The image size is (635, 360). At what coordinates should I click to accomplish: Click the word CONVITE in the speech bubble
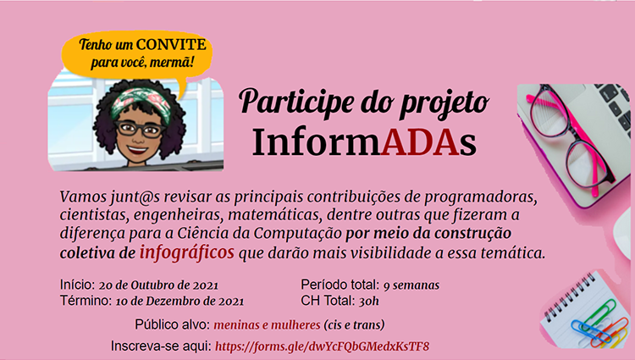171,44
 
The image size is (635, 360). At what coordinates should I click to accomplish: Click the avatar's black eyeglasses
140,130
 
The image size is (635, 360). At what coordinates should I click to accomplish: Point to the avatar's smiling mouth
138,150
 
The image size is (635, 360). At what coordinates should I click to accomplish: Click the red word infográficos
187,252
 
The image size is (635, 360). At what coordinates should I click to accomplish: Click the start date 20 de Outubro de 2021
158,285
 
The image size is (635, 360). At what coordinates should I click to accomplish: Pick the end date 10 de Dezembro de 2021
179,302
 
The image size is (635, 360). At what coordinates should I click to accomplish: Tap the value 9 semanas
411,285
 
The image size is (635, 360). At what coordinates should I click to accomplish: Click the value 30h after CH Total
368,302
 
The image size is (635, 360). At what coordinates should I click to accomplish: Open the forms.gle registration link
322,346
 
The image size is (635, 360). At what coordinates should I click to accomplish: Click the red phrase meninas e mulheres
267,324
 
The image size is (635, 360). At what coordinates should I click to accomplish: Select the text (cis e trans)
354,324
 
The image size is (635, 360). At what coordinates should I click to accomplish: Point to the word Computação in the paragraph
298,234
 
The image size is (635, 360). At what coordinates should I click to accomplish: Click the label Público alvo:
173,324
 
